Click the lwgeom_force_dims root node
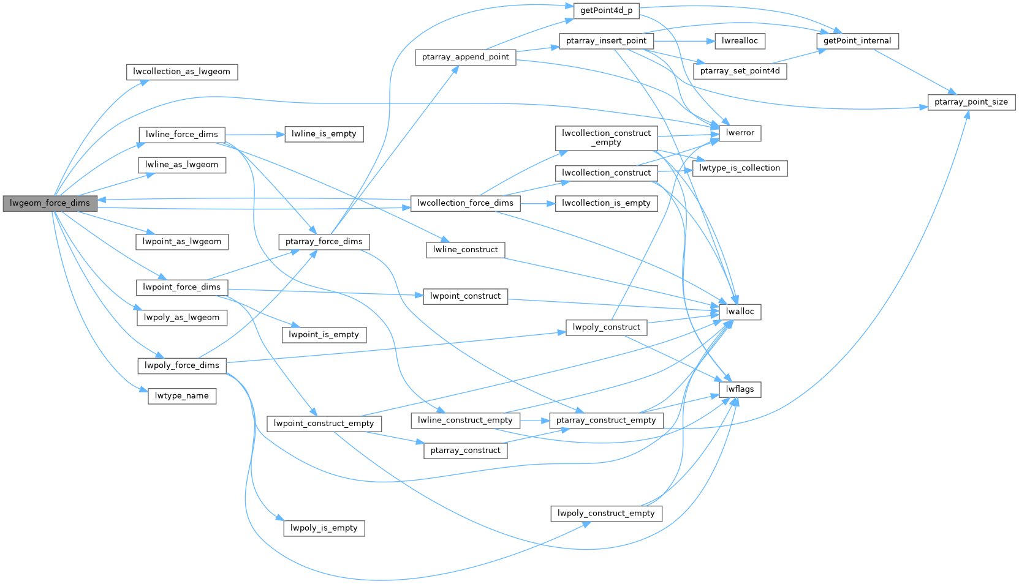coord(50,203)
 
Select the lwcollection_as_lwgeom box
coord(181,72)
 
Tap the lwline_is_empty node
coord(324,134)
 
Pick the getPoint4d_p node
coord(606,10)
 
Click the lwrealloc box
coord(740,41)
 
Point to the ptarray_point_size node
coord(971,102)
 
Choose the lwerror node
coord(740,133)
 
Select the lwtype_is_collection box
coord(739,168)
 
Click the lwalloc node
coord(740,312)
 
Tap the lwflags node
coord(740,389)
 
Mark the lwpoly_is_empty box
coord(324,528)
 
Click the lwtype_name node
coord(181,396)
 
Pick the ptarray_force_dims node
coord(324,242)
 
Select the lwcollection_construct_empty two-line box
coord(606,138)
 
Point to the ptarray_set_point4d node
coord(740,71)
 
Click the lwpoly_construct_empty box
coord(606,514)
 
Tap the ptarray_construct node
coord(465,451)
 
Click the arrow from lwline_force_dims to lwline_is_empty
coord(254,134)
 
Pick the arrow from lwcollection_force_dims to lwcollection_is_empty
coord(537,203)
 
